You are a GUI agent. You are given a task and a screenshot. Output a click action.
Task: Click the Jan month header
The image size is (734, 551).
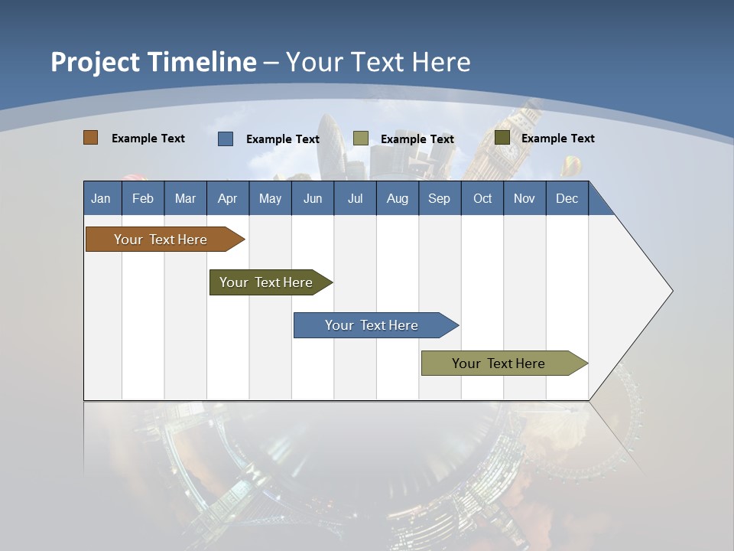tap(101, 198)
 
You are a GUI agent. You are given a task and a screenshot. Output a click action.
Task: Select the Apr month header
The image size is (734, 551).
tap(227, 198)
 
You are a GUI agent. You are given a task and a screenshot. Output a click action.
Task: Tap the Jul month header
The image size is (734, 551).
tap(355, 198)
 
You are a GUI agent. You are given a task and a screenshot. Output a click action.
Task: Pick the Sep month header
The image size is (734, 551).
tap(439, 198)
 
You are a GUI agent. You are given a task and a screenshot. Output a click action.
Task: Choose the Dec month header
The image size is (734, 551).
tap(567, 198)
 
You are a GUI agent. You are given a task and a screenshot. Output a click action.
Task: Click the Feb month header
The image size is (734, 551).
tap(143, 198)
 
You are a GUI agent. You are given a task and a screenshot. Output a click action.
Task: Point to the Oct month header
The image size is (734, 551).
tap(482, 198)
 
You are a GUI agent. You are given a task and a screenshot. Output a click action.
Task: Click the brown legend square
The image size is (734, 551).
tap(90, 138)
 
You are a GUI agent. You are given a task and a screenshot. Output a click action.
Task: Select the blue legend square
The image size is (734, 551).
tap(226, 139)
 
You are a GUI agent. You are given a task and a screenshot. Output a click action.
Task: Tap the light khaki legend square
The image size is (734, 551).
tap(361, 139)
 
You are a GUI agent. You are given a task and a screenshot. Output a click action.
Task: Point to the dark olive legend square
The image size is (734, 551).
tap(502, 138)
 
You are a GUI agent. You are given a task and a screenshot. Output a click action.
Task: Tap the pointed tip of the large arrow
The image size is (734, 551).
tap(671, 291)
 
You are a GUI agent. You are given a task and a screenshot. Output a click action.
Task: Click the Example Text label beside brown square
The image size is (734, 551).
tap(148, 139)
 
